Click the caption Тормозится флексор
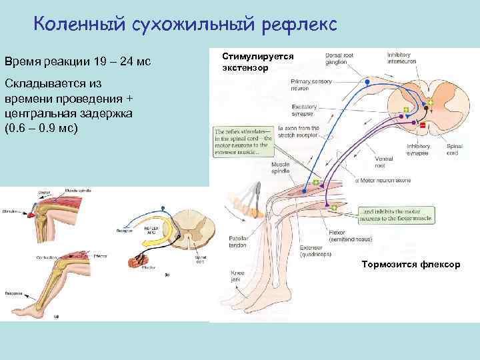click(x=410, y=265)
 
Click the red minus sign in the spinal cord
click(x=422, y=125)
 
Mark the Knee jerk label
click(x=238, y=275)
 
